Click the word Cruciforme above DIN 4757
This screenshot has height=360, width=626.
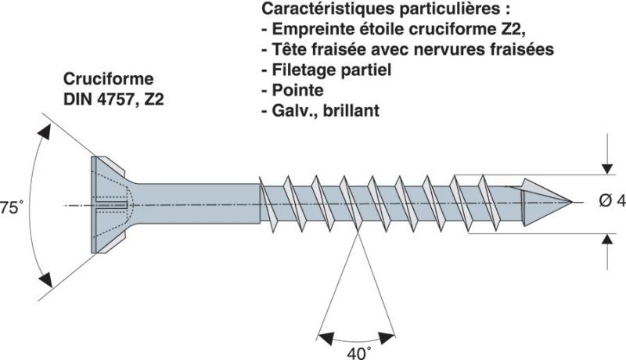109,80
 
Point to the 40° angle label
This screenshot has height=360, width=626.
358,353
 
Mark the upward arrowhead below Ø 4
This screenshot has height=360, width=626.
607,239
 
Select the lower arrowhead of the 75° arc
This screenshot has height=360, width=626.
45,278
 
